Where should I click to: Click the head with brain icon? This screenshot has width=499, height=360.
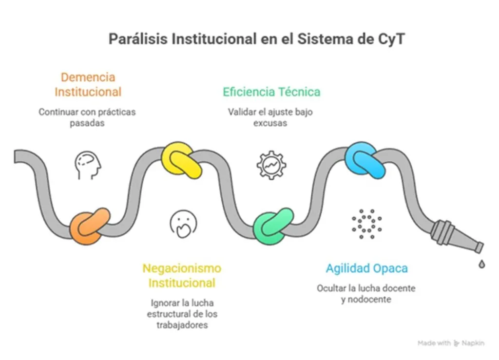[88, 164]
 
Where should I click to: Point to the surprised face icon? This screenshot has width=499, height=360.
[183, 224]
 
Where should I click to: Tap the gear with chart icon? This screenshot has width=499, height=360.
[271, 165]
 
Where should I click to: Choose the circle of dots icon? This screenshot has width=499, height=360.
[366, 224]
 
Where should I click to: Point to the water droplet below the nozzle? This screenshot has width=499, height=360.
[481, 264]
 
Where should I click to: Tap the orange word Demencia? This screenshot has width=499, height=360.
[88, 77]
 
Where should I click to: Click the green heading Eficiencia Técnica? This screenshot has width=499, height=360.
[271, 92]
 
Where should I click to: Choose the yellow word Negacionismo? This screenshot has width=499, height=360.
[181, 268]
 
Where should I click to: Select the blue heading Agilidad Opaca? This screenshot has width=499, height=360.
[366, 268]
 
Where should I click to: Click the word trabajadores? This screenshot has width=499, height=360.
[182, 324]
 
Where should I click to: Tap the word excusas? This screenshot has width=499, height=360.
[270, 123]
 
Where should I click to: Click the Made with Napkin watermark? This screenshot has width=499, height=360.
[451, 343]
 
